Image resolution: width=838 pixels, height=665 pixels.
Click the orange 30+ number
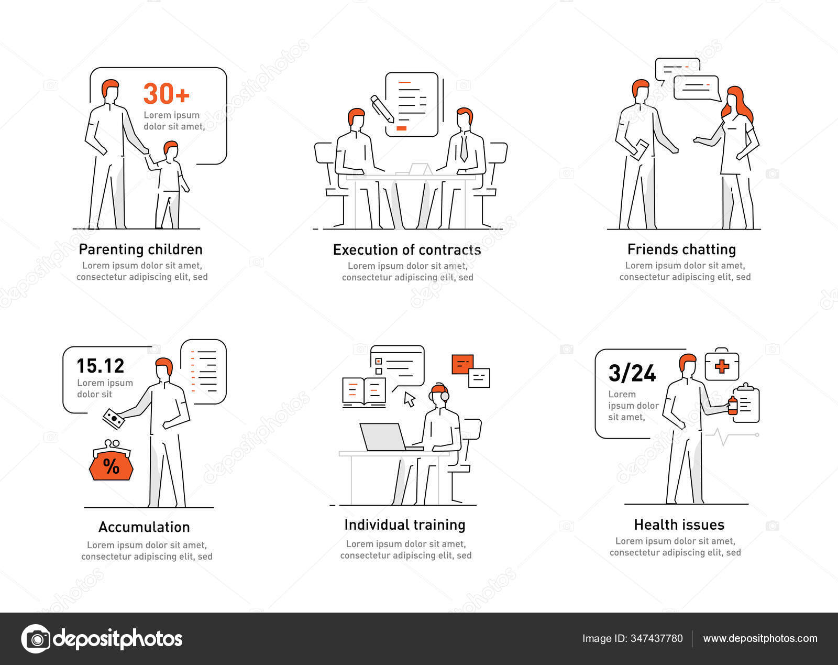click(166, 94)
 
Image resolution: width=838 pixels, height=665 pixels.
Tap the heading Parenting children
click(140, 249)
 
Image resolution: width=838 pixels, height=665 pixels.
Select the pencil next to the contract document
click(382, 108)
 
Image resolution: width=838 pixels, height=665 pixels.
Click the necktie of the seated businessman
click(464, 147)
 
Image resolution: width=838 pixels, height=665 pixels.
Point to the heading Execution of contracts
click(407, 250)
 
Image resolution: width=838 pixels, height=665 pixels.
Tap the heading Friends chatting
click(681, 249)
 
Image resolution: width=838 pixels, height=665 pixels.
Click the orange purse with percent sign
click(111, 461)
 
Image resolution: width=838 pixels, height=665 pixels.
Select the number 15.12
click(101, 366)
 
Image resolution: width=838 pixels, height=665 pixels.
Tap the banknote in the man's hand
click(114, 419)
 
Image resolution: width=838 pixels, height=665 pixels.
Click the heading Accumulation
click(144, 527)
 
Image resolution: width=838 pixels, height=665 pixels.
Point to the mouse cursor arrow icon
click(410, 399)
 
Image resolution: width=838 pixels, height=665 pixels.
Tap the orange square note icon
click(462, 364)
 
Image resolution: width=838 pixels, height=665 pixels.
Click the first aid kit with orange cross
click(722, 365)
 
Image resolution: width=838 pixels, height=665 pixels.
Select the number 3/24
click(632, 373)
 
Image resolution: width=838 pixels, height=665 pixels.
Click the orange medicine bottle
click(733, 405)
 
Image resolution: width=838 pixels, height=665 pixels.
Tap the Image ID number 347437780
click(657, 638)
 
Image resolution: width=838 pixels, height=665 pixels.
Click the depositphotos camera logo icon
click(36, 638)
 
